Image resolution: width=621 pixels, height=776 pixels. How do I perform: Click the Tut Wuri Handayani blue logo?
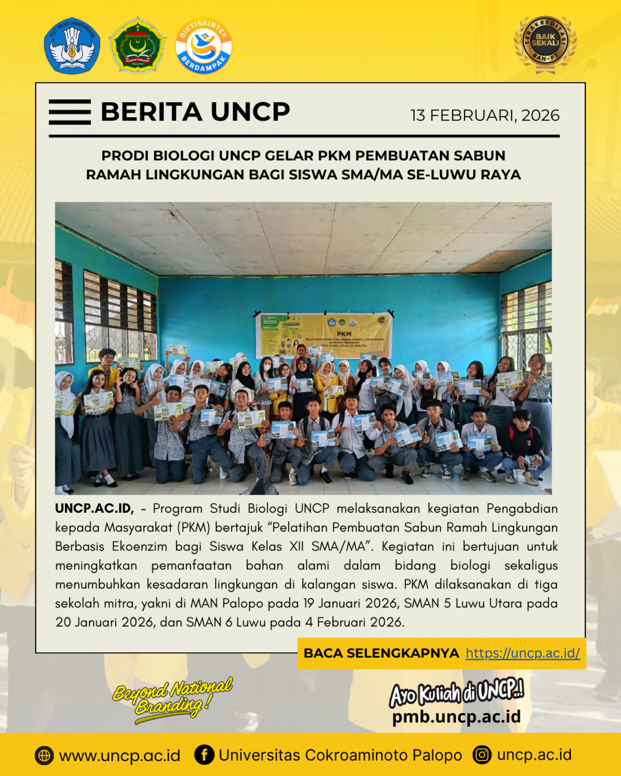[72, 46]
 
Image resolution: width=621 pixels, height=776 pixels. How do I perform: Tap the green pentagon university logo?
[137, 45]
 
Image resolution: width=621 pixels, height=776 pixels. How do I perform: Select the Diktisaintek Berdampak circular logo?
[204, 45]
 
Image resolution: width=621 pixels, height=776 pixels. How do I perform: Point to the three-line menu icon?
[70, 112]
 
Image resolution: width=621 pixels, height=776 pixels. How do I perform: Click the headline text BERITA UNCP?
[195, 112]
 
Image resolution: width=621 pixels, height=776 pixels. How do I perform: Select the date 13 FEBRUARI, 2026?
[485, 115]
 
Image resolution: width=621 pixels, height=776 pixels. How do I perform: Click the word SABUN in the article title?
[480, 155]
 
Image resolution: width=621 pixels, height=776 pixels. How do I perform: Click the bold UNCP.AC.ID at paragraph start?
[94, 508]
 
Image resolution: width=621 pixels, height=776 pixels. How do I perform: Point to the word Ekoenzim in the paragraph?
[140, 546]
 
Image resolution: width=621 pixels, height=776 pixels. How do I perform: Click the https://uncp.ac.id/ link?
[523, 653]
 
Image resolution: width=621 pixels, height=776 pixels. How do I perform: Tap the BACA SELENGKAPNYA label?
[381, 653]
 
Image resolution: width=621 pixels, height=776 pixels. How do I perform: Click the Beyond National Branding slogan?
[172, 698]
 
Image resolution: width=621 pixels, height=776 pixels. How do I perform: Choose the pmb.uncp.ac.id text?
[456, 717]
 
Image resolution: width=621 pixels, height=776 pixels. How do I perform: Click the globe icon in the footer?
[44, 756]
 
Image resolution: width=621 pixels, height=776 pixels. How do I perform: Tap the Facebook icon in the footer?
[204, 755]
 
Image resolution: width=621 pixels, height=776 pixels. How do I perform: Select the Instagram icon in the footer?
[482, 755]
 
